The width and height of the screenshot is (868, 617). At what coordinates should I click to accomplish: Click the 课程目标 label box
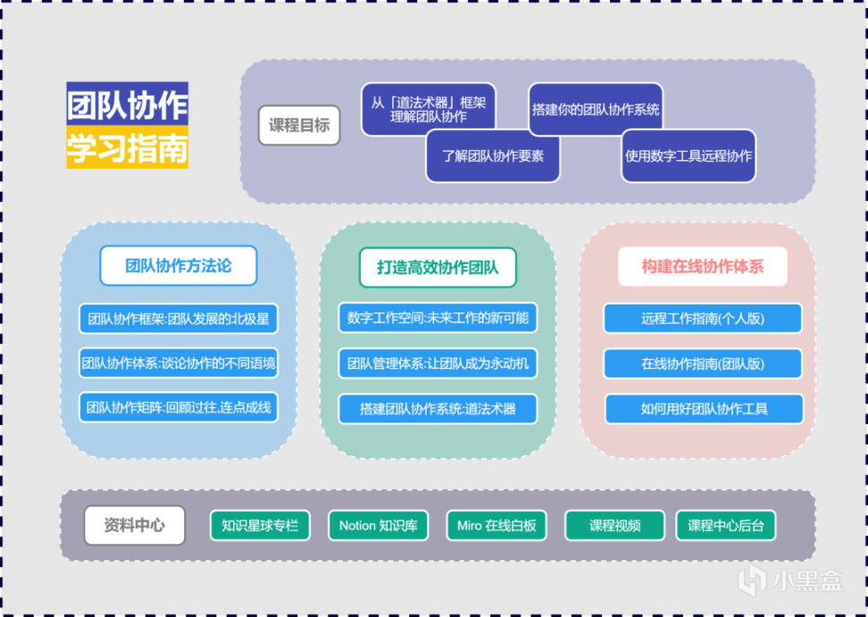[299, 126]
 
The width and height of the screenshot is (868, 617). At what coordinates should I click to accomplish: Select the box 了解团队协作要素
[493, 155]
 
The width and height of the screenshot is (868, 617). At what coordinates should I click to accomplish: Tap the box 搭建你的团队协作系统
[596, 109]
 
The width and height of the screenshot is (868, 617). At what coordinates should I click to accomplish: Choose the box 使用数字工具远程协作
[688, 155]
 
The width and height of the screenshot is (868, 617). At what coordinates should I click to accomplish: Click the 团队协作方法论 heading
[179, 265]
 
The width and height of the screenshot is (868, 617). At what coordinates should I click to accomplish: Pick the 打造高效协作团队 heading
[438, 267]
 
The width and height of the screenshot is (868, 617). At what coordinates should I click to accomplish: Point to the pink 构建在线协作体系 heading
[703, 266]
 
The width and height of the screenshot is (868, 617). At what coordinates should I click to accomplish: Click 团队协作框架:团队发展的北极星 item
[179, 318]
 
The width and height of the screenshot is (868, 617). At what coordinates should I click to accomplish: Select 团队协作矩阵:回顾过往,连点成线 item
[179, 409]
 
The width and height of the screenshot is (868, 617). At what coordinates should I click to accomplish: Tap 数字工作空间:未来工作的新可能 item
[438, 318]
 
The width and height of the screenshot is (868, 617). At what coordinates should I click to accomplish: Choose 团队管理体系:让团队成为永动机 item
[438, 363]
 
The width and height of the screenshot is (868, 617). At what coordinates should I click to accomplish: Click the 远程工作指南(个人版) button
[703, 318]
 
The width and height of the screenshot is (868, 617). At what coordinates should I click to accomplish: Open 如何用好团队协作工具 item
[704, 409]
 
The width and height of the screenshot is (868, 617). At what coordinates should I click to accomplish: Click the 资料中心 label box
[135, 525]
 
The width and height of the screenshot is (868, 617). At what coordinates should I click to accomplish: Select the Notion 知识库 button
[379, 525]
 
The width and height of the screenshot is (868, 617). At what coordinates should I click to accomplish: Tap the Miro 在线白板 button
[497, 525]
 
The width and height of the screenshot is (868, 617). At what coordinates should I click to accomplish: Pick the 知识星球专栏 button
[260, 525]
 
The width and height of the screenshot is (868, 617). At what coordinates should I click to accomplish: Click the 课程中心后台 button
[725, 525]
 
